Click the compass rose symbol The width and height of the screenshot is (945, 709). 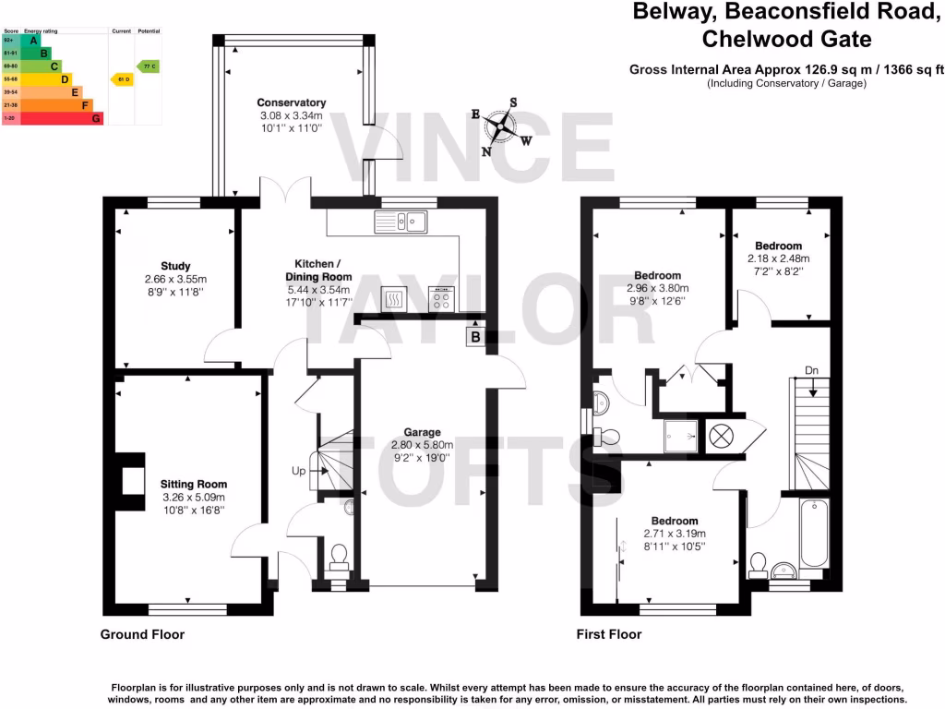pos(501,126)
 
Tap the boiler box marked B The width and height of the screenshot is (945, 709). pos(475,338)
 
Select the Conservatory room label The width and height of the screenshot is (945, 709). pos(291,102)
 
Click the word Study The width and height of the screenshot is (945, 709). pos(174,267)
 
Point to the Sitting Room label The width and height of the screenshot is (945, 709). pos(194,484)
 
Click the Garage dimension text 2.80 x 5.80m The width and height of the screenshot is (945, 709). pos(421,444)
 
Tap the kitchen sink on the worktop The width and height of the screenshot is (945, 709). pos(400,221)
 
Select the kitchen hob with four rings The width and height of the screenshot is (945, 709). pos(440,298)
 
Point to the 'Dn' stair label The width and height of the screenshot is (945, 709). pos(811,370)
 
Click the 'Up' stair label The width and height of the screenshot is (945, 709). pos(299,471)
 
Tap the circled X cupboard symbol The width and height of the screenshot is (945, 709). pos(722,435)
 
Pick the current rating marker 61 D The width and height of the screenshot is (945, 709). pos(120,80)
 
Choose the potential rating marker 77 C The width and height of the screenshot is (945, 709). pos(148,66)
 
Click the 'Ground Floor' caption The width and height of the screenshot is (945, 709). pos(142,634)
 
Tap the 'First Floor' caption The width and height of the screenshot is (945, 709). pos(608,634)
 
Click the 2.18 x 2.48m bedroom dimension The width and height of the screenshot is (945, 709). pos(777,259)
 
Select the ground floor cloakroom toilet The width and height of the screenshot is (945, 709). pos(339,557)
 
